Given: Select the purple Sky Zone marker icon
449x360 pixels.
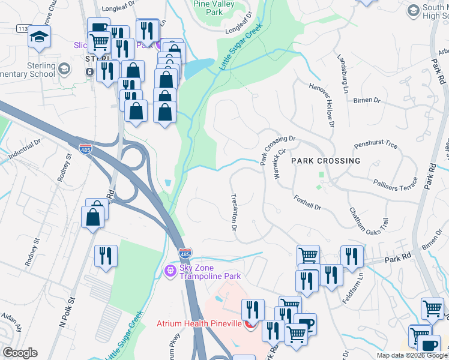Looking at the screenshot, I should pos(170,271).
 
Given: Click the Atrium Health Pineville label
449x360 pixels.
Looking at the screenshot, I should pos(199,323).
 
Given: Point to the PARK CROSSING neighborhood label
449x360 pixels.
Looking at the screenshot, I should pos(326,161).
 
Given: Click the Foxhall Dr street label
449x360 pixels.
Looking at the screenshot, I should pos(307,202).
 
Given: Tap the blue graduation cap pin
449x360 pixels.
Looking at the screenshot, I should pos(39,37).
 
